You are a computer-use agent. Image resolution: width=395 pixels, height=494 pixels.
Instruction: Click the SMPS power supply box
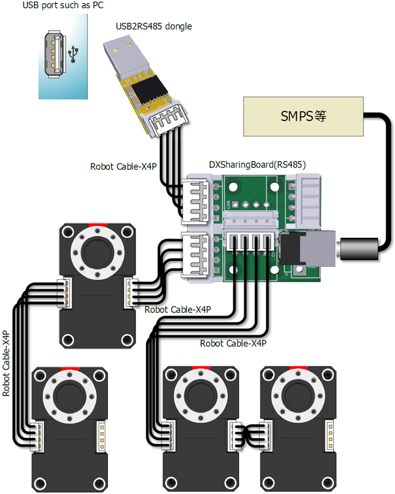tap(303, 117)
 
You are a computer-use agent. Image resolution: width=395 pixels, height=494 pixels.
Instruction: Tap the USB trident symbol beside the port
tap(76, 52)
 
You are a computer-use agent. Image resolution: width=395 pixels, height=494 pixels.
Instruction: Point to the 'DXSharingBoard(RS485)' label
tap(257, 165)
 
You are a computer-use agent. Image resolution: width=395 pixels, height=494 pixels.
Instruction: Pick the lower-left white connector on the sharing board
tap(196, 254)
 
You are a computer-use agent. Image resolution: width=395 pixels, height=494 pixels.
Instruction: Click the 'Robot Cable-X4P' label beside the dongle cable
tap(123, 167)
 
